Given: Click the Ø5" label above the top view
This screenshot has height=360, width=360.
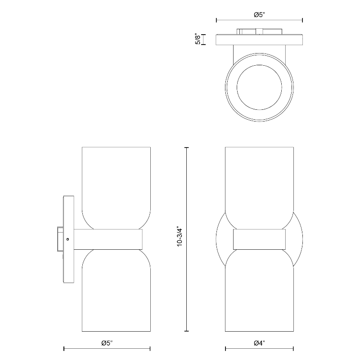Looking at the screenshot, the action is (260, 15).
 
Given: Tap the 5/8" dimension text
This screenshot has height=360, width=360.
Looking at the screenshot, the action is (198, 39).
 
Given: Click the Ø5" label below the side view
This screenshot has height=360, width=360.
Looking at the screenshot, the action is (107, 343).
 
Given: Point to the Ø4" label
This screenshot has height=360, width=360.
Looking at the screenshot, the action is (260, 343).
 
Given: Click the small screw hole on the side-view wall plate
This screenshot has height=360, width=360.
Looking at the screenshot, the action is (67, 239).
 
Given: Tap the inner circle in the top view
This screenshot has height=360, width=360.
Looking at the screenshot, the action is (259, 87).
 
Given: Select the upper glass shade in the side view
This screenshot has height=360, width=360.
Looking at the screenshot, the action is (116, 188).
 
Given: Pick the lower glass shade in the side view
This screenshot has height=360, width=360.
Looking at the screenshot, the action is (116, 290).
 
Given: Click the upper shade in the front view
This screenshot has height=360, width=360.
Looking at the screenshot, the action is (260, 188).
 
